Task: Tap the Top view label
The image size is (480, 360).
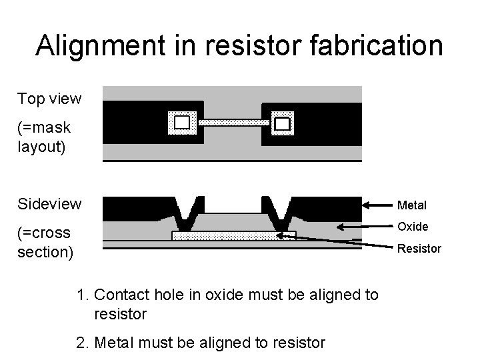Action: click(49, 99)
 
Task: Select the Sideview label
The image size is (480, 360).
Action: click(50, 203)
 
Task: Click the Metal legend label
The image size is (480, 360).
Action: click(412, 205)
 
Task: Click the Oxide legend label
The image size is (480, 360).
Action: click(413, 227)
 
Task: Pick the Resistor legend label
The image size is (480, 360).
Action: click(419, 249)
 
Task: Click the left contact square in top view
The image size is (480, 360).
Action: click(182, 123)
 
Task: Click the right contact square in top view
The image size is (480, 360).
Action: click(283, 123)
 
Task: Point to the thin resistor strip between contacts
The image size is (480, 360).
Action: click(233, 123)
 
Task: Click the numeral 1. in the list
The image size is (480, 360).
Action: click(83, 295)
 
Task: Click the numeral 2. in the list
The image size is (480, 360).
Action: click(83, 343)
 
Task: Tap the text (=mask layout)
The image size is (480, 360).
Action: click(44, 136)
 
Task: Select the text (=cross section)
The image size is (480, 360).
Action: click(45, 243)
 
